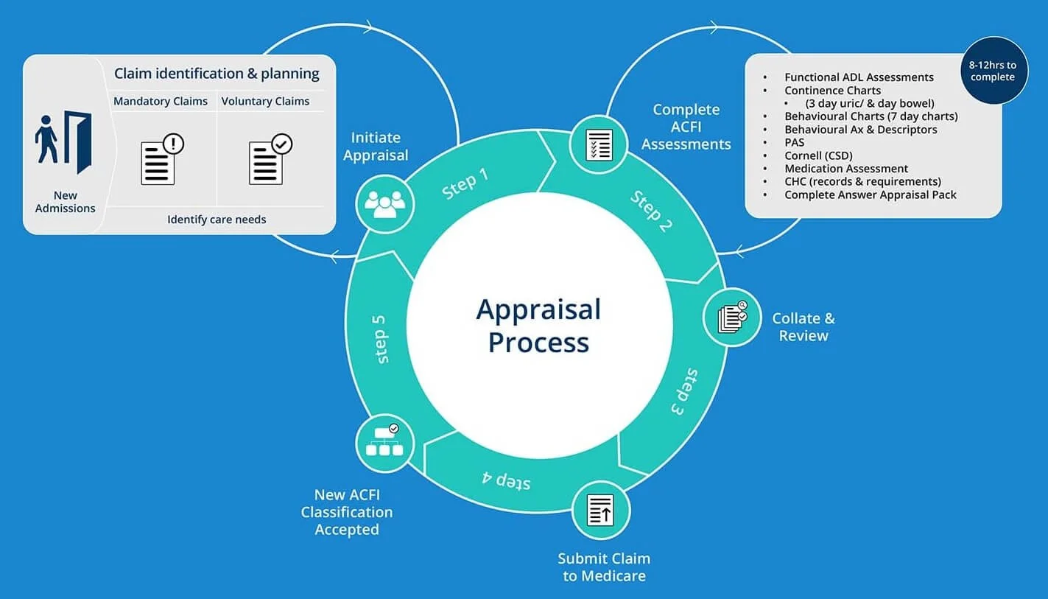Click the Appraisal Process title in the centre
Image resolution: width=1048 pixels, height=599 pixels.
538,326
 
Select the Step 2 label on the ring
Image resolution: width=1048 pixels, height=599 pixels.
651,211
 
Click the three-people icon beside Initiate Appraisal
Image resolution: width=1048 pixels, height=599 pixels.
384,204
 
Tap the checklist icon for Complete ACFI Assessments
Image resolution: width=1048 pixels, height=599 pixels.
599,144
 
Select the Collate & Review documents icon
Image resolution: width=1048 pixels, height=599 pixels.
731,318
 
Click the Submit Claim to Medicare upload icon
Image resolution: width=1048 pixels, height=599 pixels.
601,510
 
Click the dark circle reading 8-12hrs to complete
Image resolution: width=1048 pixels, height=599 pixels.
992,71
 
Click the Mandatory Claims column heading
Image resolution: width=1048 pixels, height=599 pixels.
161,102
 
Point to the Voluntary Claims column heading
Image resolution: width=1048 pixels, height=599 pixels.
265,102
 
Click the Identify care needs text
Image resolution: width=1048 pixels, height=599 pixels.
217,220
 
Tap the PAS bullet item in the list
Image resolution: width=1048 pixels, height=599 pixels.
795,142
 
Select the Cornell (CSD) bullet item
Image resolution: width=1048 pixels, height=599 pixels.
815,155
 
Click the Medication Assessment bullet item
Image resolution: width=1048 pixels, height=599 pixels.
846,169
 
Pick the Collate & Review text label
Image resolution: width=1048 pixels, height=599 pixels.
803,327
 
